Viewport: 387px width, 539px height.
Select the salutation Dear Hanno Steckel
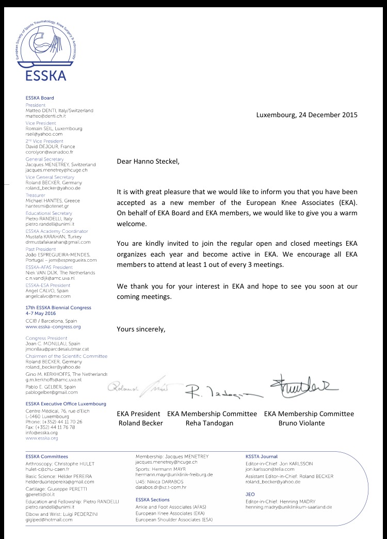tap(149, 162)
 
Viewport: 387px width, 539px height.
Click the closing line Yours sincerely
tap(141, 329)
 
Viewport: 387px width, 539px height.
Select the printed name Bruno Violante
tap(309, 423)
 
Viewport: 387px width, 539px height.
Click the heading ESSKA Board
tap(40, 98)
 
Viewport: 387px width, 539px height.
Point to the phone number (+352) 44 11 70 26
tap(54, 421)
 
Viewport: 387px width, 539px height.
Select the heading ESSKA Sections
tap(152, 500)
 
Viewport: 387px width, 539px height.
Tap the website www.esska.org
tap(42, 438)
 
